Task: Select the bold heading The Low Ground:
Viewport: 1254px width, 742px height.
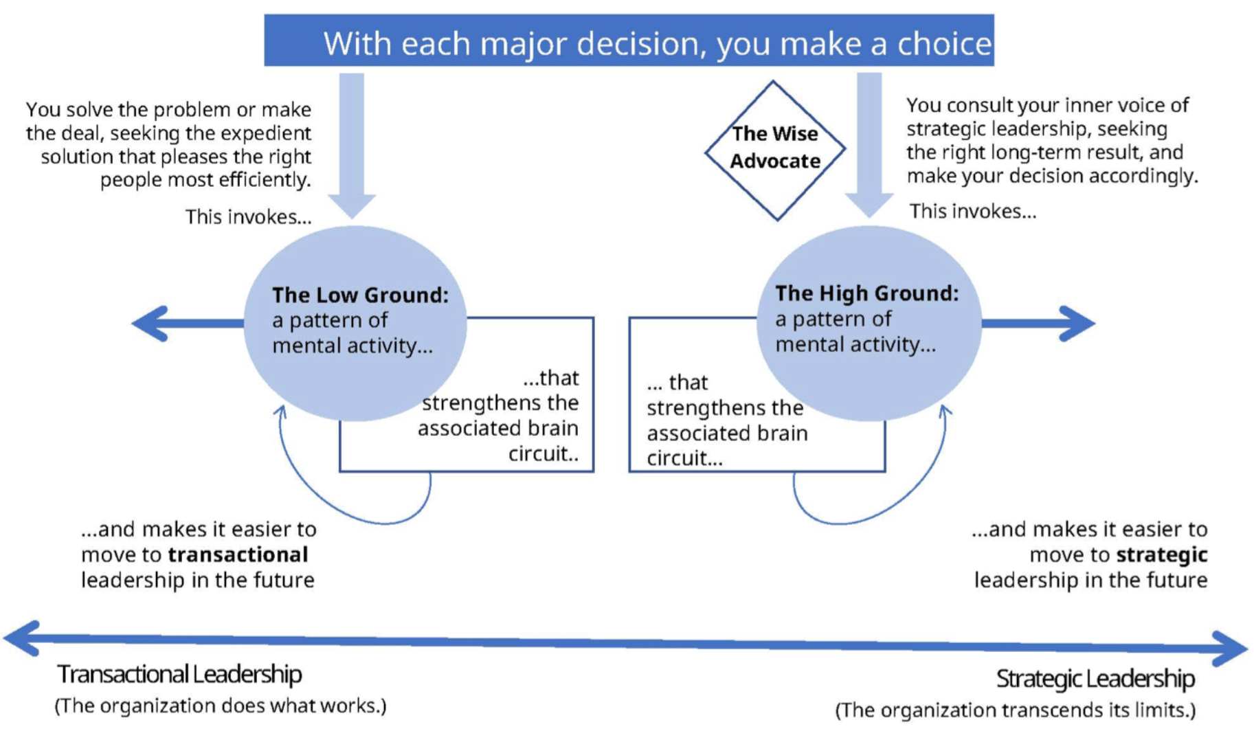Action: [360, 295]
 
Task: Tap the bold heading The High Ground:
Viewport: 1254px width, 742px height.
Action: [866, 294]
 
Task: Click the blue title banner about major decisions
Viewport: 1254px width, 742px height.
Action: [628, 41]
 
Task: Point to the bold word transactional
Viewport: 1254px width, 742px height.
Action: [238, 555]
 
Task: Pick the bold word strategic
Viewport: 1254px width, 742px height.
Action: [1161, 555]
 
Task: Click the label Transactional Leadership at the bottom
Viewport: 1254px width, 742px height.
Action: [179, 675]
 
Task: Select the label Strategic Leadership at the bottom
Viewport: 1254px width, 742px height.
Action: [1095, 679]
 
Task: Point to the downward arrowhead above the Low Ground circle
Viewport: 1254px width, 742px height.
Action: [352, 205]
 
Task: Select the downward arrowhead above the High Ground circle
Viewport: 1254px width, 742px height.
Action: [869, 205]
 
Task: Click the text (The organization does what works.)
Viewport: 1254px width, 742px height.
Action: [221, 706]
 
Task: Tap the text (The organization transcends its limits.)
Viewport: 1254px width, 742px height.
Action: [1015, 710]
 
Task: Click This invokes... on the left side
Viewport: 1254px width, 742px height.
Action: [248, 217]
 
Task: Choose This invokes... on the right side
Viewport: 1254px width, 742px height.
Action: [972, 212]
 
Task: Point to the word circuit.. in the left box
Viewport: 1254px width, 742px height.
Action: [543, 454]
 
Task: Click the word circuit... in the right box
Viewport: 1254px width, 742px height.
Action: [684, 458]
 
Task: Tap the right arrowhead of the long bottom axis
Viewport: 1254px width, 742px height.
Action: [1230, 649]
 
